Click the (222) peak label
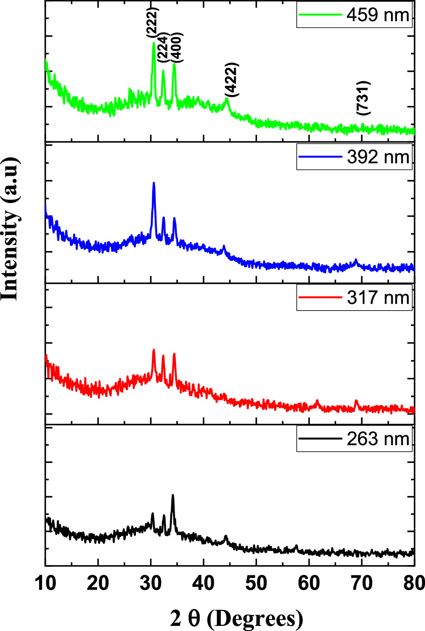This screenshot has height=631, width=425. tap(152, 21)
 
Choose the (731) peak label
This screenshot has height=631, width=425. tap(364, 97)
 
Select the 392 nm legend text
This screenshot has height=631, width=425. tap(378, 157)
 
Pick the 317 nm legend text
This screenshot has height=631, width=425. tap(378, 297)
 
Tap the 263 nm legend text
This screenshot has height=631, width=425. tap(378, 439)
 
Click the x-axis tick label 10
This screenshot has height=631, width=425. tap(45, 583)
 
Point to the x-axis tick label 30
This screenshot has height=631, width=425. tap(151, 583)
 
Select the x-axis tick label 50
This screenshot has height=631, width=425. tap(256, 583)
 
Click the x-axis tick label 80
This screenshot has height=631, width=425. tap(413, 583)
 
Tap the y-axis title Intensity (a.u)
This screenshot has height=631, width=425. tap(10, 229)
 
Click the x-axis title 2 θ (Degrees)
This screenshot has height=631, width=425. tap(237, 618)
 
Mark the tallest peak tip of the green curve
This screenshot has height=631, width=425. tap(153, 43)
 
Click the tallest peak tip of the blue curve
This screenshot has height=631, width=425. tap(153, 183)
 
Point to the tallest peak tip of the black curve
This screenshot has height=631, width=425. tap(173, 495)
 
